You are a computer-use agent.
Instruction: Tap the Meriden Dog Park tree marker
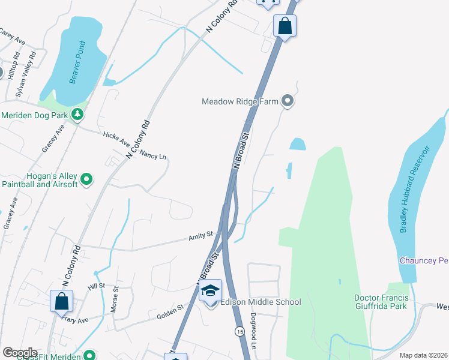click(77, 114)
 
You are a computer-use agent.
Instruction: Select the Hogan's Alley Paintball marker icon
click(86, 178)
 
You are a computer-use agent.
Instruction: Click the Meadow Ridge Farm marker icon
click(288, 101)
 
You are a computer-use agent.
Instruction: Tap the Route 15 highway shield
click(240, 331)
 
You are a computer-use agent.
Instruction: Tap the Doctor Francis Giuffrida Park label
click(381, 302)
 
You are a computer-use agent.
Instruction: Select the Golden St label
click(170, 308)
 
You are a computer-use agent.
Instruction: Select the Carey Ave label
click(11, 37)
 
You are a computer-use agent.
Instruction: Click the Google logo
click(19, 353)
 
